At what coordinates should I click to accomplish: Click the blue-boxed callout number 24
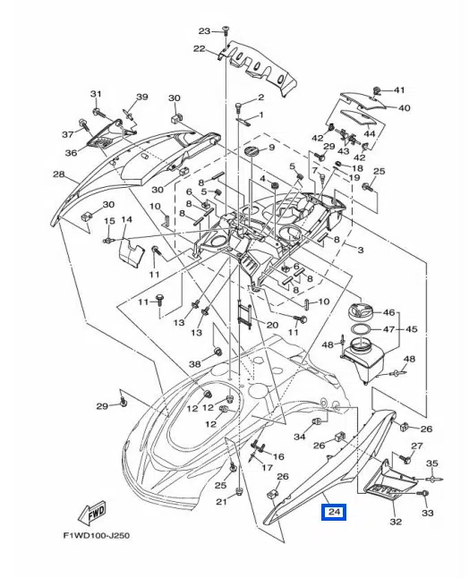click(334, 513)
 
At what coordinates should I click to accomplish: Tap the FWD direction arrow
click(94, 514)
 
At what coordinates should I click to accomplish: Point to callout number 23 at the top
click(203, 30)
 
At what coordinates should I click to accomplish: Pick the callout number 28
click(58, 174)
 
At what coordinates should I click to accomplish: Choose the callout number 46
click(388, 313)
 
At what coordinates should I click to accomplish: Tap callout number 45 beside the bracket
click(412, 329)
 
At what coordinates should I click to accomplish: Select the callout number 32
click(396, 522)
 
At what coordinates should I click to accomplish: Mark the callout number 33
click(427, 514)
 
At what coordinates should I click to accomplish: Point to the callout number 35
click(432, 463)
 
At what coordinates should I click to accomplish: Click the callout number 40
click(405, 108)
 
